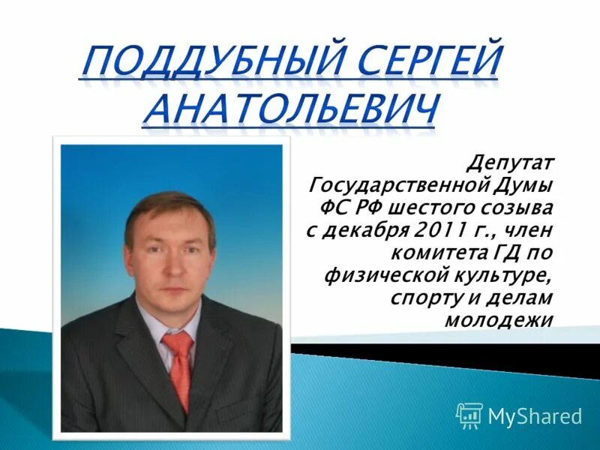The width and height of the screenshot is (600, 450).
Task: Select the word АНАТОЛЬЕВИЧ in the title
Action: (x=289, y=109)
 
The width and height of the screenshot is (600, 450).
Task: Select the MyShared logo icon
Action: (x=469, y=415)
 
